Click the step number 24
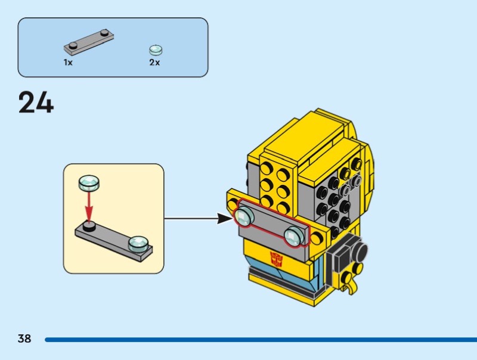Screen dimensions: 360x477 pos(36,103)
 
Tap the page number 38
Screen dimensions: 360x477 pos(24,339)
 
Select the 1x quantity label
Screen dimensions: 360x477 pos(69,62)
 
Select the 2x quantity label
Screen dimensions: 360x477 pos(154,62)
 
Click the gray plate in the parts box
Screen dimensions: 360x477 pos(89,41)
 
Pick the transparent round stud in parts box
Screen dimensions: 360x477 pos(156,50)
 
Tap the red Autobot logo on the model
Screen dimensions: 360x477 pos(276,260)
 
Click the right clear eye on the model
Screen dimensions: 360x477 pos(294,235)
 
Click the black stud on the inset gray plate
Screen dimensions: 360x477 pos(89,226)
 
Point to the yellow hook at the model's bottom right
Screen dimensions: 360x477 pos(353,285)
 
